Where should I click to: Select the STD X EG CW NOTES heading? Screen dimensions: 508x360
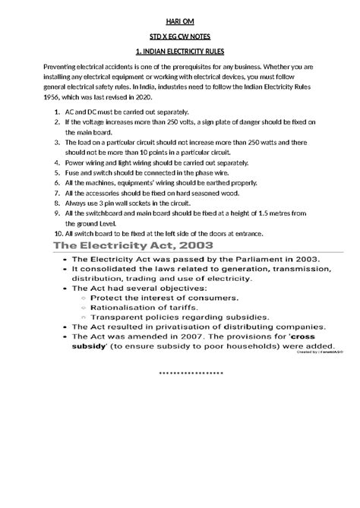point(179,37)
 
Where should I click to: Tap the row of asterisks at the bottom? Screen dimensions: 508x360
point(191,374)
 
